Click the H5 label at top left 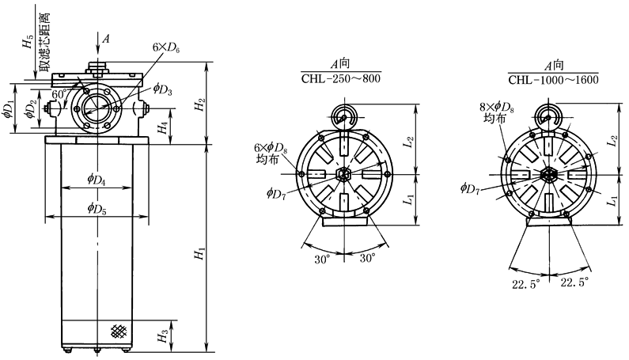27,44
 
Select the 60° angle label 58,94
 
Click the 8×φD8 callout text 496,108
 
